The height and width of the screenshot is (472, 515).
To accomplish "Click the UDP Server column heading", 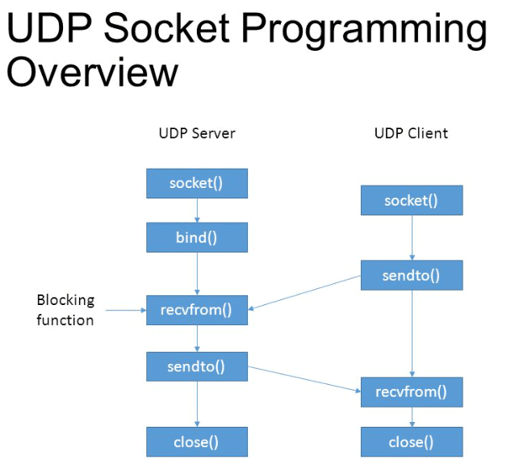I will tap(196, 133).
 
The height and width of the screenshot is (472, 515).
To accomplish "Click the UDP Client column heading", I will tap(411, 133).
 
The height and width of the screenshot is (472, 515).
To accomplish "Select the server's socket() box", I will tap(196, 183).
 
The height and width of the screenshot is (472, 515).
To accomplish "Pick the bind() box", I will tap(196, 238).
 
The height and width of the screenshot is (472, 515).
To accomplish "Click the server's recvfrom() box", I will tap(196, 310).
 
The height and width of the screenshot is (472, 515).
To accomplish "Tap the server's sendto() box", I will tap(196, 366).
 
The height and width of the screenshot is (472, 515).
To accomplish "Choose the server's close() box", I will tap(196, 441).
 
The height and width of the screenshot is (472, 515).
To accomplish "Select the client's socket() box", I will tap(411, 200).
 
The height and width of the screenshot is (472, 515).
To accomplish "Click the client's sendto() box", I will tap(411, 276).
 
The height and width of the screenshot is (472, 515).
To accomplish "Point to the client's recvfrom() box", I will tap(411, 392).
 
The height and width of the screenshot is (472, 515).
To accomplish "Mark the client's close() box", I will tap(411, 442).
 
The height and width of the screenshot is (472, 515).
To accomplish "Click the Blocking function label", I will tap(65, 310).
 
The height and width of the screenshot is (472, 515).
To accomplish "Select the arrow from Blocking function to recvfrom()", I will tap(125, 310).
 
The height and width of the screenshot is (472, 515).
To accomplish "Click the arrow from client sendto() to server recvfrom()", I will tap(304, 292).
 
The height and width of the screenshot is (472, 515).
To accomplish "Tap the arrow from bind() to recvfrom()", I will tap(197, 274).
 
